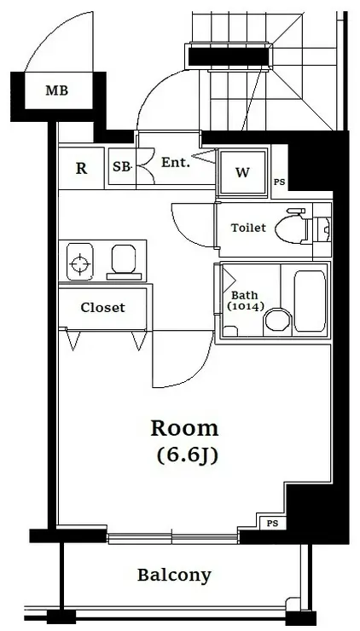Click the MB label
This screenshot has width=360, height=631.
click(56, 90)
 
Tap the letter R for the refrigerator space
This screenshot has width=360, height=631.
click(81, 168)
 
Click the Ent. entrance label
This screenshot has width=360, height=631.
click(176, 163)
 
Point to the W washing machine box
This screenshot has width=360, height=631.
click(242, 172)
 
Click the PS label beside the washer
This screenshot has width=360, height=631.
click(280, 182)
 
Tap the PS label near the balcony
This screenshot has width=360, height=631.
click(273, 524)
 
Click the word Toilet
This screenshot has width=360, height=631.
click(248, 228)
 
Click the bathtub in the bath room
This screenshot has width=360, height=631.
click(310, 301)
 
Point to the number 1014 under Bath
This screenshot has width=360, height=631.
click(246, 307)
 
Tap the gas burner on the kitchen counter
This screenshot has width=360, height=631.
click(79, 262)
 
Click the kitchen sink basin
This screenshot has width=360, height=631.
click(123, 258)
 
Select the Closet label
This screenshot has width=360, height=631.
click(102, 308)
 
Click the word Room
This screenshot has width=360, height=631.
click(185, 429)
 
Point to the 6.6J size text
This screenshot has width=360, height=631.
click(187, 455)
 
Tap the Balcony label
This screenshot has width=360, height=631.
click(174, 575)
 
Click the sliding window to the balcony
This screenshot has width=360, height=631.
click(173, 538)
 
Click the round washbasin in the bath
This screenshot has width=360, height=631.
click(277, 321)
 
